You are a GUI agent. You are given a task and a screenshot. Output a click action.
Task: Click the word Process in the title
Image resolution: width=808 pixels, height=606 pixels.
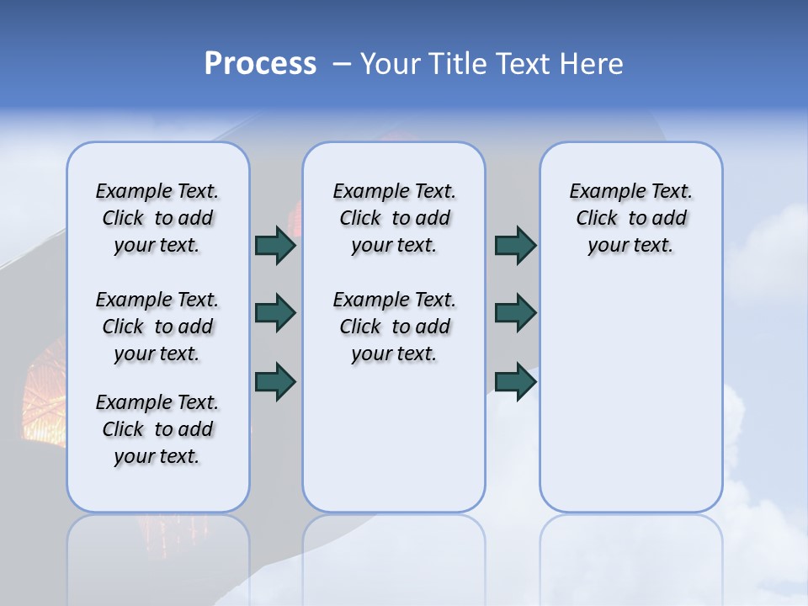coord(260,64)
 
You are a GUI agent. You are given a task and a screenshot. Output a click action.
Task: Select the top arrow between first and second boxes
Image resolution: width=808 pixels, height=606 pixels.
coord(275,246)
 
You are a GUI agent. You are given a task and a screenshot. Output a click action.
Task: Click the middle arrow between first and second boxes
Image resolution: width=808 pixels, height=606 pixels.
coord(275,313)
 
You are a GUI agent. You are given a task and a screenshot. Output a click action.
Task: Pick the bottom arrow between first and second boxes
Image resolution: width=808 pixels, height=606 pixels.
coord(275,381)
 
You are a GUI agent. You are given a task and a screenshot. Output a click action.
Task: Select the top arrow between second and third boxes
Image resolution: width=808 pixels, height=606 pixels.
coord(515,246)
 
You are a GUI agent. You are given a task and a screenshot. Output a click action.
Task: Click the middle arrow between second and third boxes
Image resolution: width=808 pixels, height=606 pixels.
coord(515,313)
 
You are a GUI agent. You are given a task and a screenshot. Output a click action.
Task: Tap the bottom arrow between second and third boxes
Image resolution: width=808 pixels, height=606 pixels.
coord(515,381)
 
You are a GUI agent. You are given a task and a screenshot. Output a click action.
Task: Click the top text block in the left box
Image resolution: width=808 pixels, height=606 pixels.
coord(157,218)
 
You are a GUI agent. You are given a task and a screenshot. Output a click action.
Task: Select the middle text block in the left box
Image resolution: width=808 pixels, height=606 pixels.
coord(157,327)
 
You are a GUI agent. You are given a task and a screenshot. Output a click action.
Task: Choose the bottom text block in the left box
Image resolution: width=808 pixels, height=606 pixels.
coord(157,429)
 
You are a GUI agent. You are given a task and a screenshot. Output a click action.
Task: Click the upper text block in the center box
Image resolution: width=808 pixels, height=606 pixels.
coord(394,218)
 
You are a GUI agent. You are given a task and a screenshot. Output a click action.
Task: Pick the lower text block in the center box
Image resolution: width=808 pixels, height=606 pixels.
coord(394,327)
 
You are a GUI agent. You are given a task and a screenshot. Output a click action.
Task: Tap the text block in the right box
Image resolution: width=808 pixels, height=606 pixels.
coord(630,218)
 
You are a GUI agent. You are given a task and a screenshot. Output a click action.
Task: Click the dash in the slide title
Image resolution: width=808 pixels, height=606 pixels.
coord(342,64)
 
